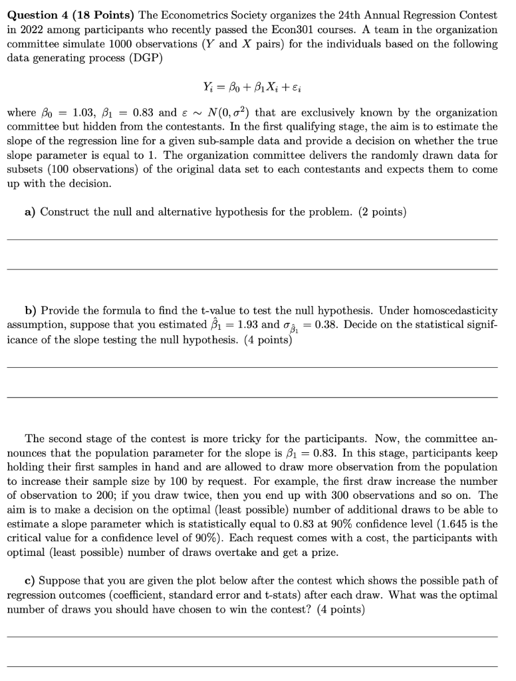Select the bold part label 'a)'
point(30,212)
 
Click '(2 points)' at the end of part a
point(382,212)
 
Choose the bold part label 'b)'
point(31,311)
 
